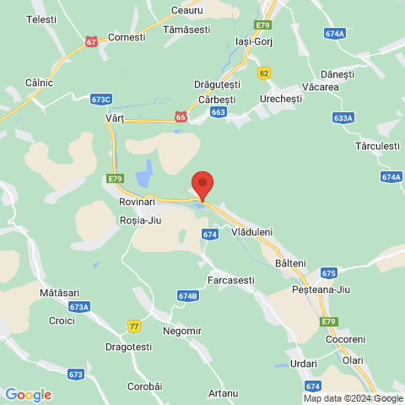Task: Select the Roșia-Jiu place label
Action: pos(140,219)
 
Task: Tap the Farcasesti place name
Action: pos(231,279)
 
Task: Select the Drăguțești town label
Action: pos(218,85)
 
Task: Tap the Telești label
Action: pos(41,19)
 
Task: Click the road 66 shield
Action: pos(181,117)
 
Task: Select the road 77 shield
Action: pos(133,326)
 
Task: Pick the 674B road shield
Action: pos(188,296)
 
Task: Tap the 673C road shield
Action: pos(100,99)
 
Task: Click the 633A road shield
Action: pos(343,118)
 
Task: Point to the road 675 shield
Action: pos(329,273)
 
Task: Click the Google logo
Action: pos(28,395)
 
